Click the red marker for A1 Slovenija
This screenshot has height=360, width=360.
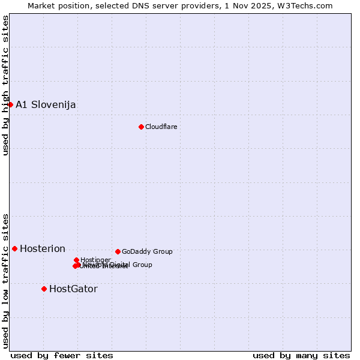tap(10, 104)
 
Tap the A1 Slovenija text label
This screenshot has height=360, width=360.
tap(46, 105)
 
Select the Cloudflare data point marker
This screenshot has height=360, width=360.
tap(141, 127)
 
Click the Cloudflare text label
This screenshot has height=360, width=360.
tap(161, 127)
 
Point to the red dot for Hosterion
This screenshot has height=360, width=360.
tap(14, 248)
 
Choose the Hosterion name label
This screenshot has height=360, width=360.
tap(43, 249)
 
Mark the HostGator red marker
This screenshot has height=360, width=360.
tap(44, 289)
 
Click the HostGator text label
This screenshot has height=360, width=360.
tap(73, 289)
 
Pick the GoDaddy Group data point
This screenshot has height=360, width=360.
tap(118, 251)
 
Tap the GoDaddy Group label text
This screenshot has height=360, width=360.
tap(147, 252)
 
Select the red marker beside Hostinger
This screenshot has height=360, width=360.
tap(76, 260)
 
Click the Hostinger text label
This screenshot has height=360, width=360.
tap(95, 260)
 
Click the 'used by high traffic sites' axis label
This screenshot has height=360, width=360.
tap(5, 85)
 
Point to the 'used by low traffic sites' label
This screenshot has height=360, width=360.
tap(5, 280)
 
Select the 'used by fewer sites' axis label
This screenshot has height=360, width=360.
tap(62, 355)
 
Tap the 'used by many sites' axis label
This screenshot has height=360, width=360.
tap(301, 355)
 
